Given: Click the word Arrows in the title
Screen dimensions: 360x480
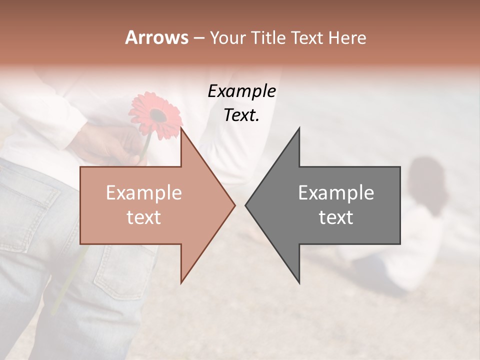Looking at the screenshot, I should [156, 37].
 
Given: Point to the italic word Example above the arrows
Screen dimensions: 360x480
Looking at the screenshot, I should [241, 91].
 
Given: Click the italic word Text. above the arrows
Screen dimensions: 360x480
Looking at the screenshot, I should [241, 115].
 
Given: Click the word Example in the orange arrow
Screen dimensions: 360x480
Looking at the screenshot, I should [143, 193].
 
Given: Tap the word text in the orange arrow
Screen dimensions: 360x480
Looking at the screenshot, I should [143, 217].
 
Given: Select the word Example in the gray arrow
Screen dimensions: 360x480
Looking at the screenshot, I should [336, 193].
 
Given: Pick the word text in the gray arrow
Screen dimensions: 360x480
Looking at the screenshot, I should [336, 217].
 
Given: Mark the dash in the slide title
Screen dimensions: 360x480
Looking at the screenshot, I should [198, 38].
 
